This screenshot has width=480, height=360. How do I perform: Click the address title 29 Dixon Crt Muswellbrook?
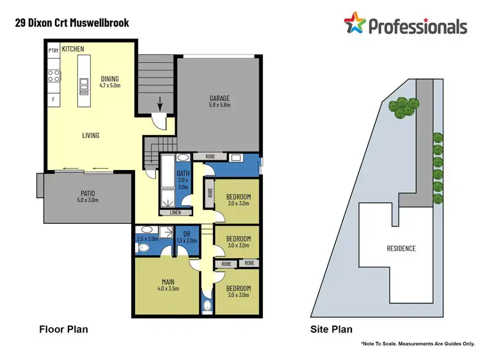coord(72,23)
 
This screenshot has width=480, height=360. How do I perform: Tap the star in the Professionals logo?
coord(355,24)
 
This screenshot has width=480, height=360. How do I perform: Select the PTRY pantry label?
coord(54,49)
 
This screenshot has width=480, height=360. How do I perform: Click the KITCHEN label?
coord(74,48)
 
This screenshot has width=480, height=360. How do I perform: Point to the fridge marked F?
coord(53,100)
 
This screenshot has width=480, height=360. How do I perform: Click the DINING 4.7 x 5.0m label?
coord(109,81)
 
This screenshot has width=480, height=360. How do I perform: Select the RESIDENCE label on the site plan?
coord(401,248)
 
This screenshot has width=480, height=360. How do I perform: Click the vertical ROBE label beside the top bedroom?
coord(209,192)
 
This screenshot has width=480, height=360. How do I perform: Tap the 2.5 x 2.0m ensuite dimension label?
coord(147,239)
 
